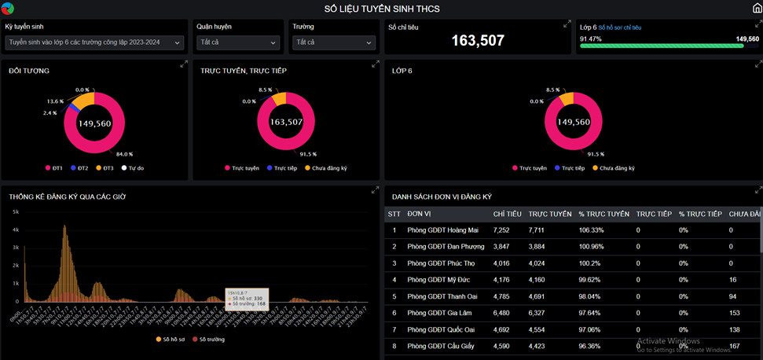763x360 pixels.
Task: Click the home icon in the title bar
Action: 757,9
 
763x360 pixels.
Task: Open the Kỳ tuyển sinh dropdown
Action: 94,42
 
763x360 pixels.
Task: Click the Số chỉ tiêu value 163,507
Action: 478,40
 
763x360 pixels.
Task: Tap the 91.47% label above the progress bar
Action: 591,39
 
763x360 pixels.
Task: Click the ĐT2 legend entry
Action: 79,168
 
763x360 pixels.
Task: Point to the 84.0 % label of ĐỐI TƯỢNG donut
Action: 124,154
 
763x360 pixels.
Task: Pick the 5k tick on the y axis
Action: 16,212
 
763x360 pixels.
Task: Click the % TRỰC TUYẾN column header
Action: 603,214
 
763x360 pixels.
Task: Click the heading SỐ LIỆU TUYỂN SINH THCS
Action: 382,9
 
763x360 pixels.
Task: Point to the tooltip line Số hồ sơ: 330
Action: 247,299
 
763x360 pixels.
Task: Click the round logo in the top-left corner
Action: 8,9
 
